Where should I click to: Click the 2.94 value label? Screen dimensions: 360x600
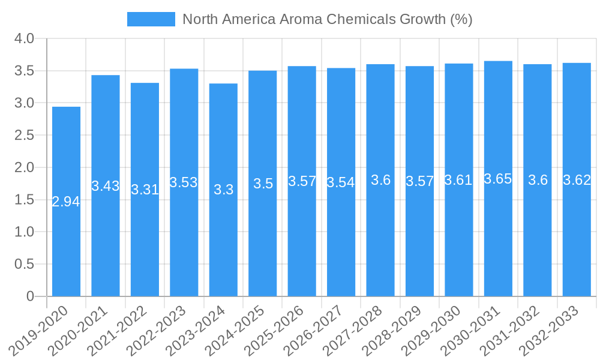pos(66,202)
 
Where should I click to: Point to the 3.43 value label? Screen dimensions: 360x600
pos(106,186)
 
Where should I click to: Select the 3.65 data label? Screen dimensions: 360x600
pos(498,179)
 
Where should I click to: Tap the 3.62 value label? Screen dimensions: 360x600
pos(577,180)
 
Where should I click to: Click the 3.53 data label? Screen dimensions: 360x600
pos(184,182)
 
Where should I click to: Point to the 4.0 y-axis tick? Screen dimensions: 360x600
pos(25,39)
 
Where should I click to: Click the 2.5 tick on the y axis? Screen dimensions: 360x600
pos(25,136)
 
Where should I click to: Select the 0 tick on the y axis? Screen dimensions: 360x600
pos(31,296)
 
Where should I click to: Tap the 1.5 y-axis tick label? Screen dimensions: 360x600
pos(25,200)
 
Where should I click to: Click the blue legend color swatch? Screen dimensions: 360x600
pos(151,19)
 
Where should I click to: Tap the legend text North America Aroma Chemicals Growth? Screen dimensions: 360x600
pos(327,19)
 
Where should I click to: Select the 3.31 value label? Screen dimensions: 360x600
pos(145,190)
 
